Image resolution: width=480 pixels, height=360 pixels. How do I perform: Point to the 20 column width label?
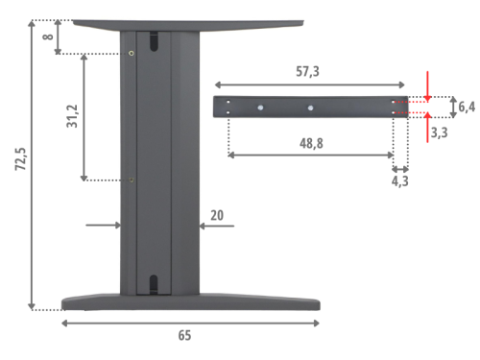click(217, 217)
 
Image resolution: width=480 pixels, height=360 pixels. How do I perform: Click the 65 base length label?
click(184, 336)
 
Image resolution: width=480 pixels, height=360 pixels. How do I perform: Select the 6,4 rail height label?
click(467, 107)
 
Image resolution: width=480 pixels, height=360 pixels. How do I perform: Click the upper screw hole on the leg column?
click(132, 53)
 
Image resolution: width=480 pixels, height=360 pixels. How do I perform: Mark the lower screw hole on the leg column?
click(132, 180)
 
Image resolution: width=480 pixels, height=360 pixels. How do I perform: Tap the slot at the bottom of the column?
click(153, 284)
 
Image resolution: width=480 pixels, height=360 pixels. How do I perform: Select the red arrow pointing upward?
click(428, 127)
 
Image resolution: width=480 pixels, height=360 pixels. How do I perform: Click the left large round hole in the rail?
click(260, 108)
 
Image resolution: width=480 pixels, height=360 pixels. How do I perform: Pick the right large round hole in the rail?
click(309, 108)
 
